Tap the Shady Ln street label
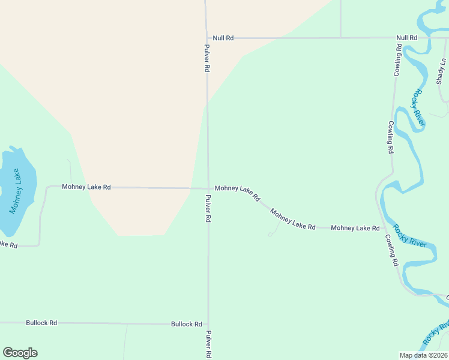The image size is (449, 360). tap(443, 71)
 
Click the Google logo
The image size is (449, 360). tap(20, 353)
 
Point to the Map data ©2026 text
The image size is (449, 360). tap(423, 355)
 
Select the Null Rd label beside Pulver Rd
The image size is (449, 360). tap(223, 38)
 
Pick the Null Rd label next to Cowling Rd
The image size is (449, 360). tap(406, 38)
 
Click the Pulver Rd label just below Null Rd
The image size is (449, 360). tap(206, 59)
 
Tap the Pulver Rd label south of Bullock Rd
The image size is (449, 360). tap(208, 344)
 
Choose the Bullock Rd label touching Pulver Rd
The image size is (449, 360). tap(186, 324)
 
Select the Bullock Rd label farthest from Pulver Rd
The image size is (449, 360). tap(41, 323)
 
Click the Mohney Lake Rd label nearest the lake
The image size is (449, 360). tap(86, 187)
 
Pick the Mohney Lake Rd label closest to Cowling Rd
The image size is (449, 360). tap(355, 228)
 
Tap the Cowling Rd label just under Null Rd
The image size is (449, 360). tap(397, 60)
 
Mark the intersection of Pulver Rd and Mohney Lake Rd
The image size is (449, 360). tap(208, 188)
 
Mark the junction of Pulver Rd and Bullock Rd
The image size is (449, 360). tap(208, 324)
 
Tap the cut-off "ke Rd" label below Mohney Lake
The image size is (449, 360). tap(8, 245)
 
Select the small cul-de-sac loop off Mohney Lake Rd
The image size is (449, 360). tap(271, 234)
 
